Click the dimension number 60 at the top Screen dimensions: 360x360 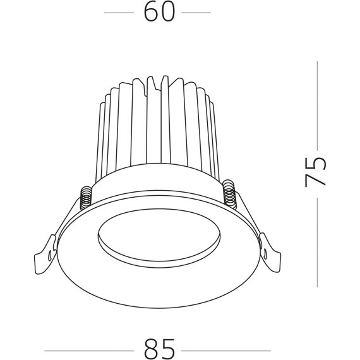coord(159,13)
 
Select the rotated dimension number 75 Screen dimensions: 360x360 coord(316,171)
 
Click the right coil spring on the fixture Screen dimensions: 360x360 coord(231,192)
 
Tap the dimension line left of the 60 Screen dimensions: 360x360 coord(121,13)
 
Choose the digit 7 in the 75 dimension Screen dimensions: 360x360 coord(316,179)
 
